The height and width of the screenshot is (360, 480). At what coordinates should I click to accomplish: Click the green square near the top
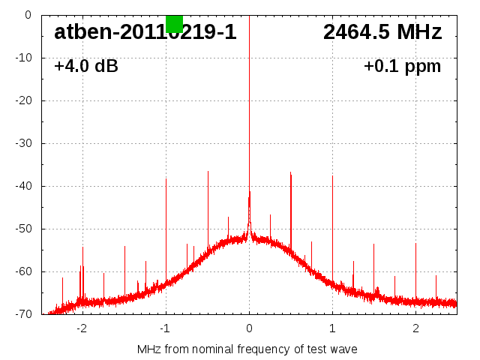tap(174, 23)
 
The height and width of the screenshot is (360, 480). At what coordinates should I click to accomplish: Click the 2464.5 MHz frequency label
tap(382, 32)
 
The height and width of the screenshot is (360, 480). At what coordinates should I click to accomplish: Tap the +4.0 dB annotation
tap(86, 67)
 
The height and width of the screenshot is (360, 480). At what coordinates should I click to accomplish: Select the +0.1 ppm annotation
tap(402, 67)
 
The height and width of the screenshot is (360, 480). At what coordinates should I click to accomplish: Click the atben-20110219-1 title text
tap(145, 32)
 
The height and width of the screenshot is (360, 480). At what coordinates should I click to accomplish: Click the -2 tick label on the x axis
tap(82, 328)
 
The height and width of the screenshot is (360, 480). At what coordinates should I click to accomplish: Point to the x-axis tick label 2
tap(415, 328)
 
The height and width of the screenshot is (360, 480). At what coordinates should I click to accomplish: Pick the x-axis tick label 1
tap(332, 328)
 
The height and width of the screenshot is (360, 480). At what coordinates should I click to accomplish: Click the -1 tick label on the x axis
tap(165, 328)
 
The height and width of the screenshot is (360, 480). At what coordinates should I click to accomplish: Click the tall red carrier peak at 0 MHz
tap(249, 112)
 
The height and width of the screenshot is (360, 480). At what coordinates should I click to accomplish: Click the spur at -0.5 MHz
tap(208, 202)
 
